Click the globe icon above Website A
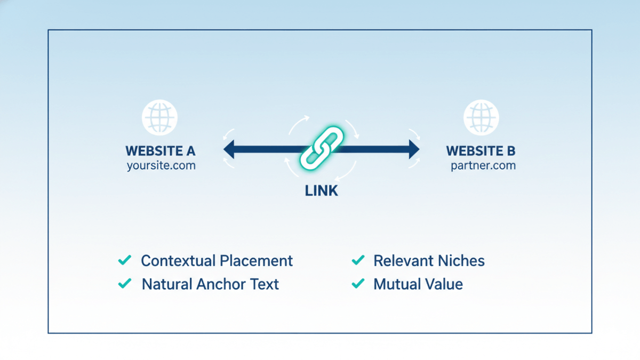pos(159,117)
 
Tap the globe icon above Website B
pos(481,117)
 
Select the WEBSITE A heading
pos(161,151)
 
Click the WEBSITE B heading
pos(481,151)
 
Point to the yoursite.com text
pos(161,165)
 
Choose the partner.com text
pos(483,165)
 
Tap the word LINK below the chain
pos(322,190)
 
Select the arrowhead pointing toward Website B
pos(413,149)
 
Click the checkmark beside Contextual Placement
pos(124,260)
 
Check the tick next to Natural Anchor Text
pos(124,284)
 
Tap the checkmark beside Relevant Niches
pos(358,260)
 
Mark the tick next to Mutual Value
pos(358,284)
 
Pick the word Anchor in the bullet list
pos(219,284)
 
